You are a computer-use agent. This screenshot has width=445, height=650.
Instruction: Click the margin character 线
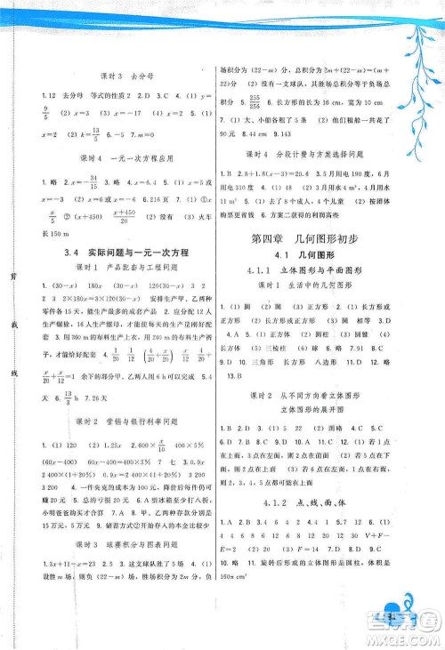pos(12,372)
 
